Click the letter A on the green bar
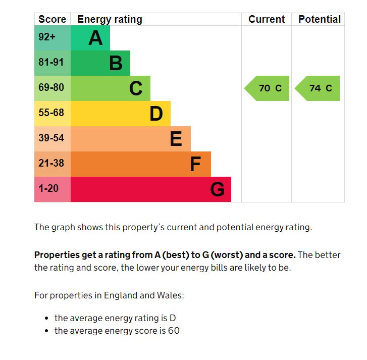click(95, 38)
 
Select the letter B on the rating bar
click(116, 63)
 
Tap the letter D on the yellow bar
click(156, 114)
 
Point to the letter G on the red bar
click(217, 189)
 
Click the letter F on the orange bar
click(195, 164)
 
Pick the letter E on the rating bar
click(176, 139)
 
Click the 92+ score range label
click(47, 37)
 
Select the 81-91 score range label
click(51, 63)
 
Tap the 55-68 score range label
click(51, 113)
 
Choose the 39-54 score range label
click(51, 138)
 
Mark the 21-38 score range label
click(51, 163)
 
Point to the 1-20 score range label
click(48, 188)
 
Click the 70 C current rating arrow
click(268, 88)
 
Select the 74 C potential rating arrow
click(318, 88)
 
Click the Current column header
click(267, 19)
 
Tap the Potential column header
click(320, 19)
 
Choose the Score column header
click(52, 19)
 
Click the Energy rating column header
click(110, 19)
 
